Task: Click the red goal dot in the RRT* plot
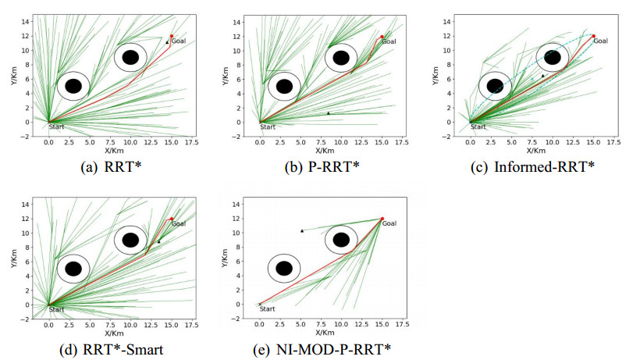172,36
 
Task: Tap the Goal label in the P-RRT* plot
389,41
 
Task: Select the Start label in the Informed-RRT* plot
478,127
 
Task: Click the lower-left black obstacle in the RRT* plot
73,86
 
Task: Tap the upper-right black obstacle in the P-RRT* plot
341,57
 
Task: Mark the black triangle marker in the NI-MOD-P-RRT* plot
302,230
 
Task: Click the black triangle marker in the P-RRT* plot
328,113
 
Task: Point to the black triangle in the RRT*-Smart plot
158,241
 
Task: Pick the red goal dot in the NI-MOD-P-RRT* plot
382,219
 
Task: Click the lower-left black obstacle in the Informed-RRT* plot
495,86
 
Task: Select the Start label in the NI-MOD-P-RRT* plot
268,310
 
